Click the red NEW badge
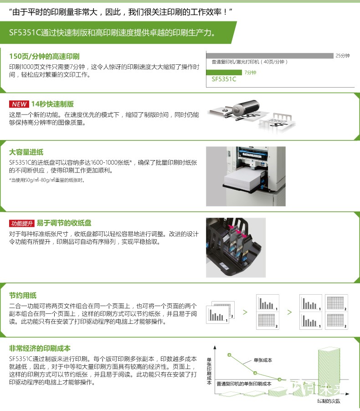[19, 104]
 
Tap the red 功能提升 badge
[22, 224]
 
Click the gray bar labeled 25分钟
[270, 56]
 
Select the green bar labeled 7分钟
[224, 73]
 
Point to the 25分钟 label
[343, 56]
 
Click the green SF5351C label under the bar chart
[224, 79]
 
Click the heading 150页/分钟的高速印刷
[44, 57]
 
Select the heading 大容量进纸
[26, 152]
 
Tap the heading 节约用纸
[23, 296]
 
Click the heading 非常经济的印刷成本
[40, 349]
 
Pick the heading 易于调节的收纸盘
[64, 223]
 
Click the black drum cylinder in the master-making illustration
[246, 107]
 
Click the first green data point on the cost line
[229, 355]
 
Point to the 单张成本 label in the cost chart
[263, 360]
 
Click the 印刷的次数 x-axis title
[329, 401]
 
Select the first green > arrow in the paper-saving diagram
[245, 312]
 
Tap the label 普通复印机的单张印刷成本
[244, 384]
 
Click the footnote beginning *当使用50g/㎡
[47, 180]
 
